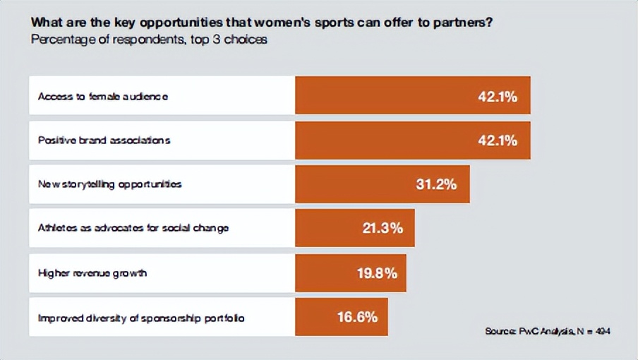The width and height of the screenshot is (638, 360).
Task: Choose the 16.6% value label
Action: [357, 317]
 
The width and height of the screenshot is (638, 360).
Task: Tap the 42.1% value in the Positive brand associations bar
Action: [498, 140]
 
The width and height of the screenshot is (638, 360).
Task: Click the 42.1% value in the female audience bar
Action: [498, 96]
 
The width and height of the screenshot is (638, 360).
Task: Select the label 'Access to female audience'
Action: [102, 96]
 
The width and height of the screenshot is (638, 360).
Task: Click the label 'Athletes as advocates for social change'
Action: [133, 229]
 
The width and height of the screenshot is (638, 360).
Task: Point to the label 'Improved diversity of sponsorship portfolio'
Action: [141, 318]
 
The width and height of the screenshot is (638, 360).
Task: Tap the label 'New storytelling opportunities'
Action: [109, 184]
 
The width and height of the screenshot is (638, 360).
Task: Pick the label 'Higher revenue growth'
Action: [92, 273]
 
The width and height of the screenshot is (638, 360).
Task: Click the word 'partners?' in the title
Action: [465, 22]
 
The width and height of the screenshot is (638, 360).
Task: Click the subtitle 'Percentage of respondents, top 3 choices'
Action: [149, 40]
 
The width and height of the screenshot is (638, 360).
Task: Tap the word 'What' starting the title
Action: [44, 22]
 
